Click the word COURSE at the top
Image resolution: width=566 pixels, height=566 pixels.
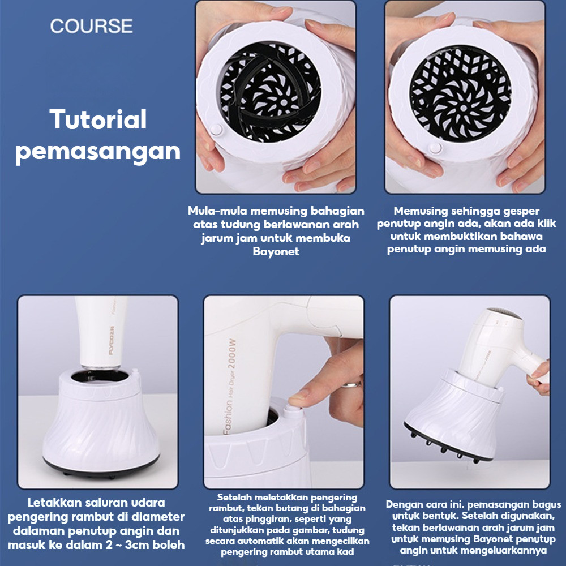tap(91, 26)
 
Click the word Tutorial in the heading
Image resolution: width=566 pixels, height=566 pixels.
tap(98, 120)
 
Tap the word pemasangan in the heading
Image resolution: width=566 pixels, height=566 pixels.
tap(98, 151)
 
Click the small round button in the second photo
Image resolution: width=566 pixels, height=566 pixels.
tap(435, 148)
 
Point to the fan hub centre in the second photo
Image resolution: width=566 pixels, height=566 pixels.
tap(461, 106)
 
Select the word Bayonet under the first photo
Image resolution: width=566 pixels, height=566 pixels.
tap(276, 251)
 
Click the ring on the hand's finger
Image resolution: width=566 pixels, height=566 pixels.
tap(351, 385)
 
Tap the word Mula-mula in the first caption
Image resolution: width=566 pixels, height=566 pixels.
tap(218, 211)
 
